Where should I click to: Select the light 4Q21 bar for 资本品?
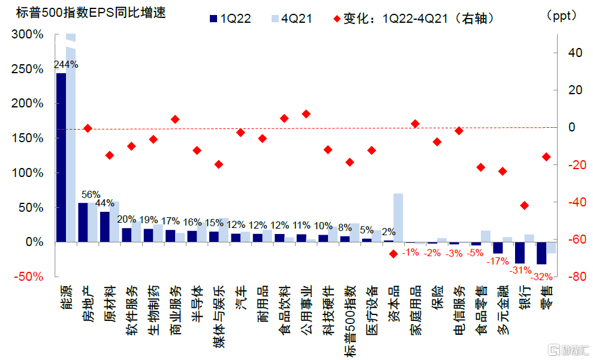pyautogui.click(x=398, y=217)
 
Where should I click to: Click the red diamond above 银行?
pyautogui.click(x=525, y=205)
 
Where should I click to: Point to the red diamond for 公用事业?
pyautogui.click(x=306, y=113)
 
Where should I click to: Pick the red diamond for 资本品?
pyautogui.click(x=393, y=254)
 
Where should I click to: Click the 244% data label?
pyautogui.click(x=66, y=64)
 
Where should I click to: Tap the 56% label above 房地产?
pyautogui.click(x=91, y=194)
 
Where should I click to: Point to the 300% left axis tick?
pyautogui.click(x=27, y=35)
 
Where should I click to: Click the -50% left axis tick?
pyautogui.click(x=27, y=277)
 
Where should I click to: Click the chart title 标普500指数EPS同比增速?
pyautogui.click(x=83, y=13)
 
